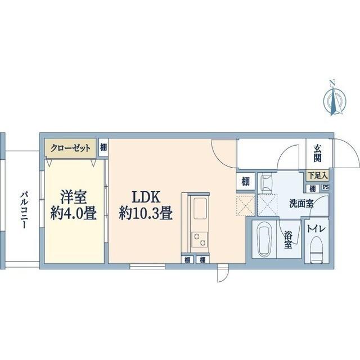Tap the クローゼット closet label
(70, 148)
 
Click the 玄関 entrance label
(318, 153)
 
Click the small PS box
(326, 187)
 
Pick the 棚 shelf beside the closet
(103, 147)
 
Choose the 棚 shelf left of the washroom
(246, 181)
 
